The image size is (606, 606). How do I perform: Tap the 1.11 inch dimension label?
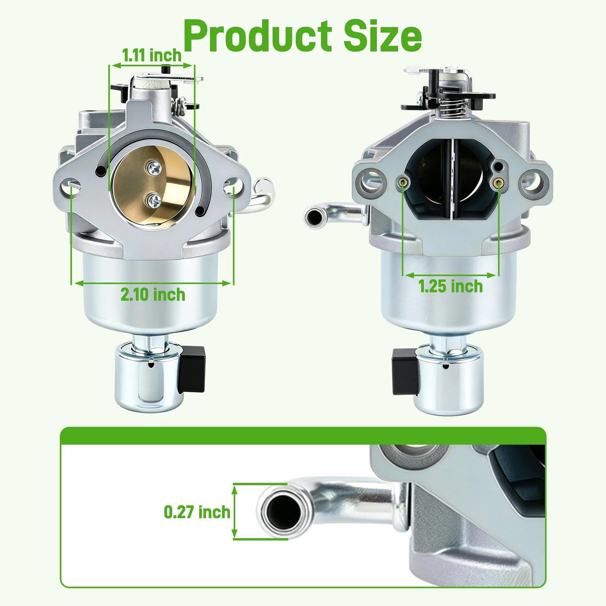tap(152, 56)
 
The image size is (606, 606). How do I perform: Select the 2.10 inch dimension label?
tap(153, 294)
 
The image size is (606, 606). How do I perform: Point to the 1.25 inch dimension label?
tap(450, 286)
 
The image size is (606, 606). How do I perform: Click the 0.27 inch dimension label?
tap(197, 512)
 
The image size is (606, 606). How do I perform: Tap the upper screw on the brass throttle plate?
tap(154, 169)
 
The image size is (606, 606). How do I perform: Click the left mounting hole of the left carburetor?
tap(70, 188)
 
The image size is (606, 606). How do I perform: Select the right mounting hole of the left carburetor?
tap(234, 187)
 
